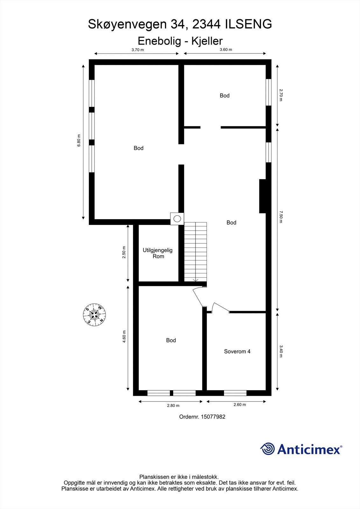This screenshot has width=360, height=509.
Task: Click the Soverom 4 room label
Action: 237,352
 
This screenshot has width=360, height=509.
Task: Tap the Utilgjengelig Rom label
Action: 158,253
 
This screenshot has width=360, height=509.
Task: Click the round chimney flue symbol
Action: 177,219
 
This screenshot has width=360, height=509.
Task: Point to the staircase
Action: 195,251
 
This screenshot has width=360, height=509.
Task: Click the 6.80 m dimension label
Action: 79,141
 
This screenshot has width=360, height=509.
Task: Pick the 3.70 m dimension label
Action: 138,50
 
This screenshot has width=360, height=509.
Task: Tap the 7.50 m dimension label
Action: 281,216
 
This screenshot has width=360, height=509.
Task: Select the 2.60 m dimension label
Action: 240,405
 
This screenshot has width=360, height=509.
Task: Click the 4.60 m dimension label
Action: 124,337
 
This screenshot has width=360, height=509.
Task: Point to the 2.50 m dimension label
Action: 124,252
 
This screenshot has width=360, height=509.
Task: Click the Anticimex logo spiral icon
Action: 267,449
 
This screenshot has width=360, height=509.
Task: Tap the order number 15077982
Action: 213,417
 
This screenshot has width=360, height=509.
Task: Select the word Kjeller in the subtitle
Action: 207,41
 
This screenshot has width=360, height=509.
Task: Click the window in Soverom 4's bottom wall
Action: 235,393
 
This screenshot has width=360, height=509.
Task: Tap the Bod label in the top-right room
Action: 225,95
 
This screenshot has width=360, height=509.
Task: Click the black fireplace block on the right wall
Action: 263,196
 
